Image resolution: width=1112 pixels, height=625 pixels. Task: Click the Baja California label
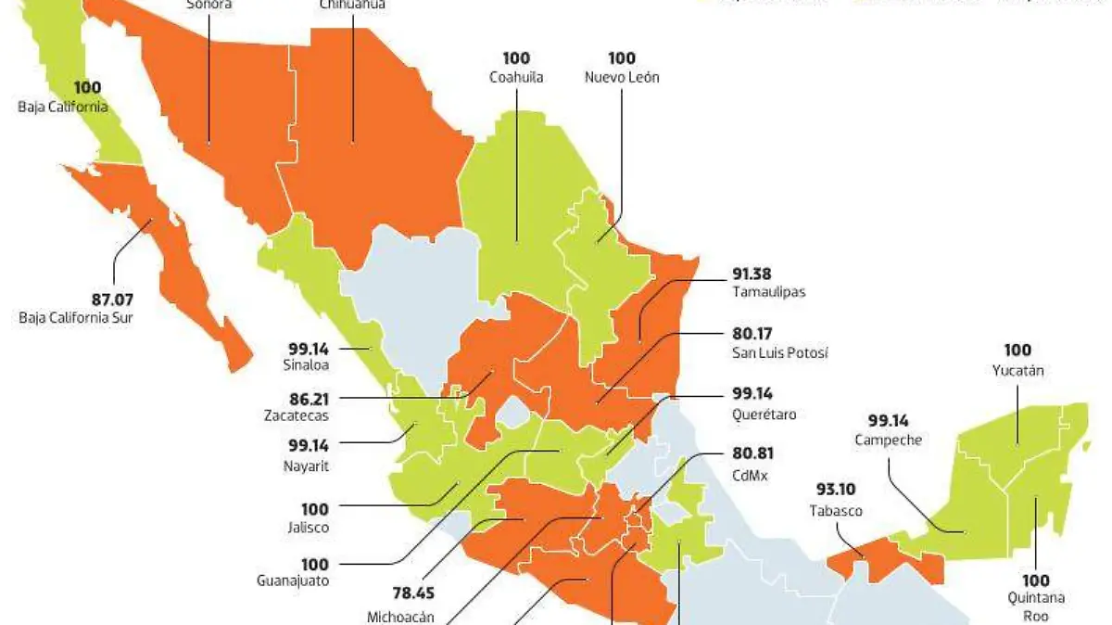coord(63,107)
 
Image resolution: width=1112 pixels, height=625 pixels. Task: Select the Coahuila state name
coord(516,78)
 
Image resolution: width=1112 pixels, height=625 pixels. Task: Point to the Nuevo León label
coord(622,78)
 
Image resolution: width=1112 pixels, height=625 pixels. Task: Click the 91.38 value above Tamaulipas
coord(751,274)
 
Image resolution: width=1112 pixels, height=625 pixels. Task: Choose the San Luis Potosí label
coord(779,353)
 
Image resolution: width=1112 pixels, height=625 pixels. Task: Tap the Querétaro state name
coord(764,414)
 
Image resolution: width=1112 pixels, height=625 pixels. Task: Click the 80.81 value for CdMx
coord(752,454)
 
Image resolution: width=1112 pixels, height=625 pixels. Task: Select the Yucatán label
coord(1017,371)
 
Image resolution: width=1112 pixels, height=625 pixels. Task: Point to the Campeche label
coord(889,440)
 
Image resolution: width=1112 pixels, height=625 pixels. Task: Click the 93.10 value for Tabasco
coord(835,491)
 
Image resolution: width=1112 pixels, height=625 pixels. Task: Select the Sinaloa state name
coord(310,366)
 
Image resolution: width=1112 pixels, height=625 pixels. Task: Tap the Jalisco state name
coord(309,528)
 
